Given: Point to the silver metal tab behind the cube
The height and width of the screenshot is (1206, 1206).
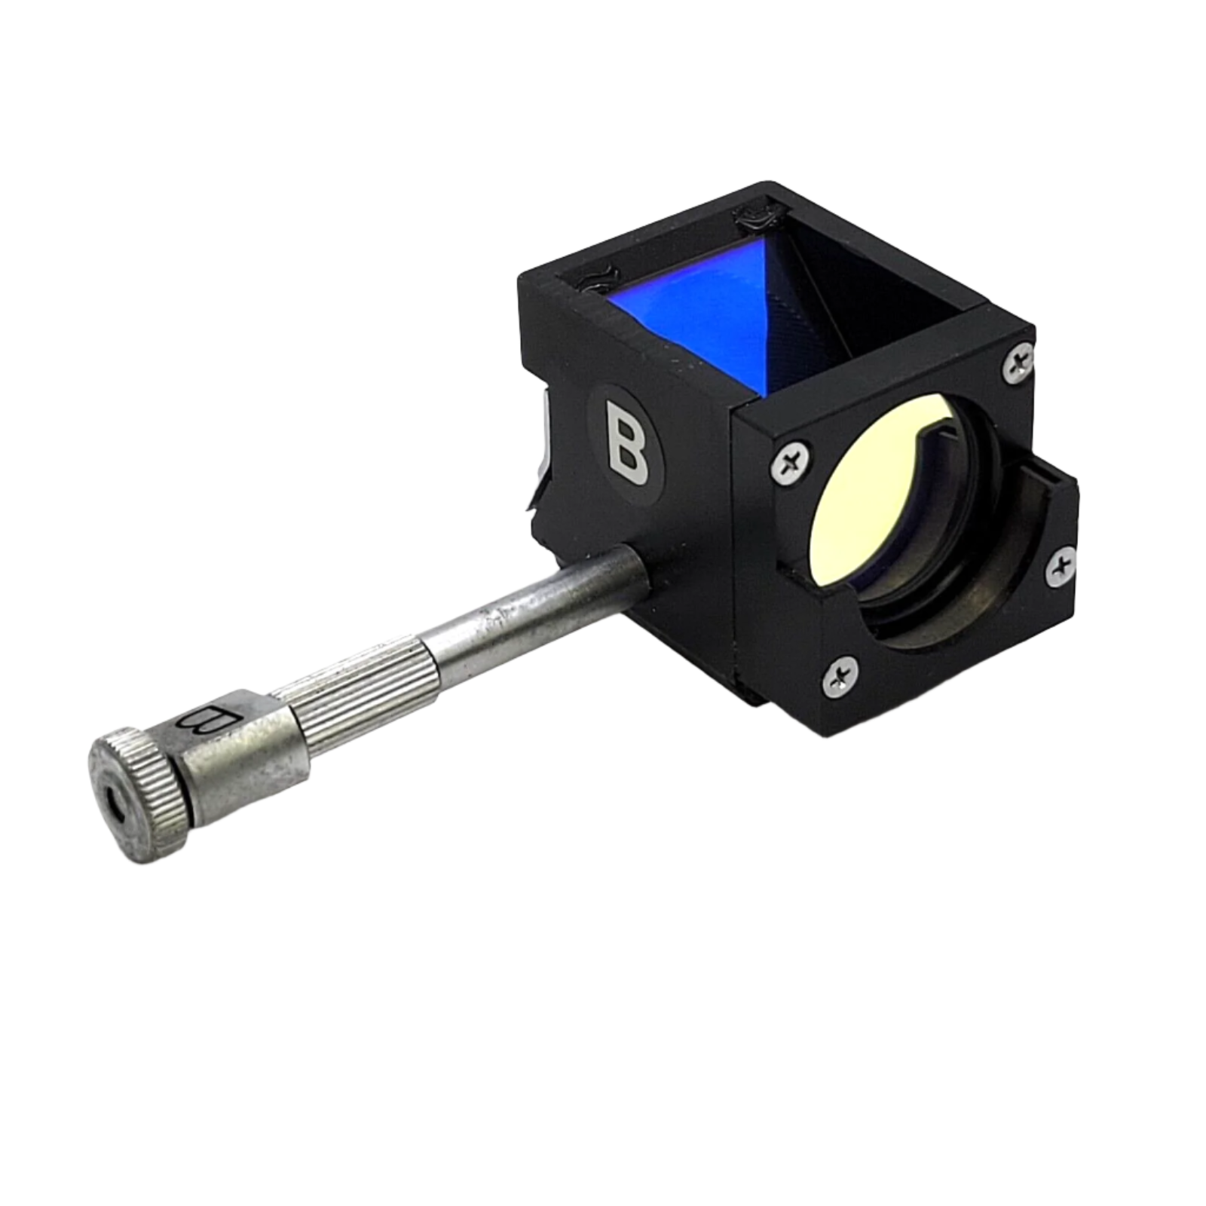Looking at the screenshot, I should tap(543, 452).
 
